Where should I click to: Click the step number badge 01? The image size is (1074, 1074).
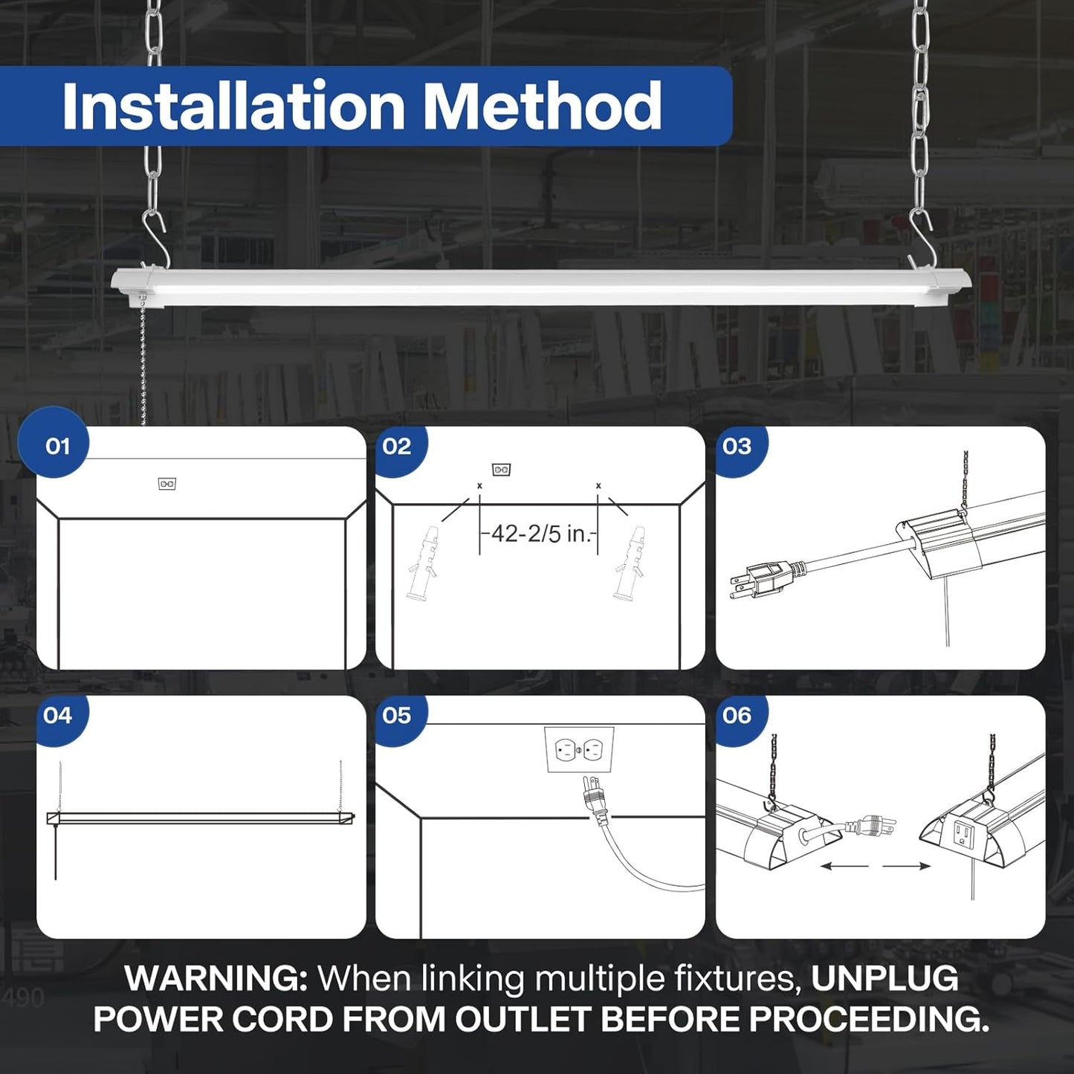coord(56,446)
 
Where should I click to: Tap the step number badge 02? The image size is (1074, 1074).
coord(396,446)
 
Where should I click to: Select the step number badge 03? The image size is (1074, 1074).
coord(737,446)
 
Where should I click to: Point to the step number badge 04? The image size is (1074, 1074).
coord(57,715)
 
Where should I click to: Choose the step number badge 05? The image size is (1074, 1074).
coord(396,715)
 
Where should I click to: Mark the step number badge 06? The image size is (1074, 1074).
coord(737,715)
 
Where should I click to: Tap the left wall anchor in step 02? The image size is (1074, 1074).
coord(421,563)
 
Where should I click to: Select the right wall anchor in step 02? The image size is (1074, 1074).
coord(628,563)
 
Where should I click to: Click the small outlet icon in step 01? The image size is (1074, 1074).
coord(167,484)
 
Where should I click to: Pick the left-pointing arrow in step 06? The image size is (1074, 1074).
coord(844,866)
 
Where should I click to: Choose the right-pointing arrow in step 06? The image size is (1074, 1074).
coord(907,866)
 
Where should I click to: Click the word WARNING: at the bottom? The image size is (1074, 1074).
coord(216,978)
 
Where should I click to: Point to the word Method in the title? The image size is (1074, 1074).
coord(542,106)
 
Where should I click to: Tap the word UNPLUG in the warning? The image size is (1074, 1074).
coord(884,978)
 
